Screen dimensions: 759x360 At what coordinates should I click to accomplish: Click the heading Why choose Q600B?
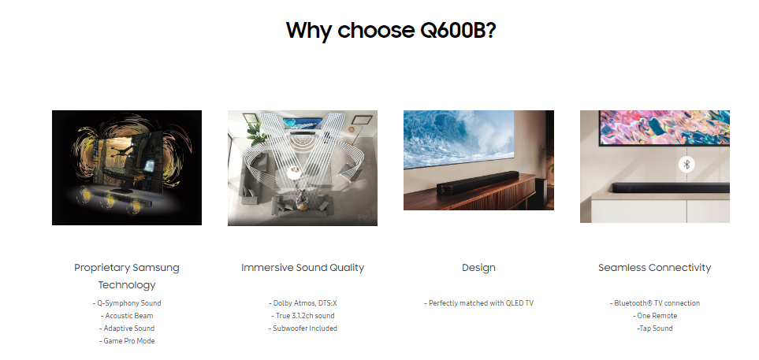(391, 30)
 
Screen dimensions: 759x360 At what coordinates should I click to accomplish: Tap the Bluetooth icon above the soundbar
(686, 165)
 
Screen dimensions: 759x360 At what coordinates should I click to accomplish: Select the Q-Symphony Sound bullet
(127, 303)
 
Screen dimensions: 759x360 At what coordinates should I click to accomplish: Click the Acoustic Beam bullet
(127, 315)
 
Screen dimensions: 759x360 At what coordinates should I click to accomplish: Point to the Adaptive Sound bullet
(127, 328)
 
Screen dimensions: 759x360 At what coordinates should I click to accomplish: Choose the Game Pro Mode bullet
(127, 340)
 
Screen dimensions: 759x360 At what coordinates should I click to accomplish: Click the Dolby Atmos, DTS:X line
(303, 303)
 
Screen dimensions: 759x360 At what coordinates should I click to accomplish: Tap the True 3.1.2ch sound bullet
(303, 315)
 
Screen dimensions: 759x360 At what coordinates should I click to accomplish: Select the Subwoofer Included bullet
(303, 328)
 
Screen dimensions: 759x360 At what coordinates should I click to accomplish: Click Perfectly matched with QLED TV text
(478, 303)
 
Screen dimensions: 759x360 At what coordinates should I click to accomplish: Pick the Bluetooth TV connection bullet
(654, 303)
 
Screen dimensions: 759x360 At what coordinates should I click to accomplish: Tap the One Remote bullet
(654, 315)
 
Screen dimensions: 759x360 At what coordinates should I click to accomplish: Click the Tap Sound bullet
(654, 328)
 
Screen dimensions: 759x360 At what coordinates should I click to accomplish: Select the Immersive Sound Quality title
(303, 268)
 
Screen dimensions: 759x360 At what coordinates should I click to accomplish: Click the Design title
(478, 268)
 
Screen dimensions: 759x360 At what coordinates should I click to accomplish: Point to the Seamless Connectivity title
(654, 268)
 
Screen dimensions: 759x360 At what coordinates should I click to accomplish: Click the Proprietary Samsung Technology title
(127, 276)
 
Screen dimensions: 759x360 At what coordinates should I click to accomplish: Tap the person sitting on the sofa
(302, 199)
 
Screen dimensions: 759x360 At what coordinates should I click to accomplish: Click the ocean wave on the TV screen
(459, 138)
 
